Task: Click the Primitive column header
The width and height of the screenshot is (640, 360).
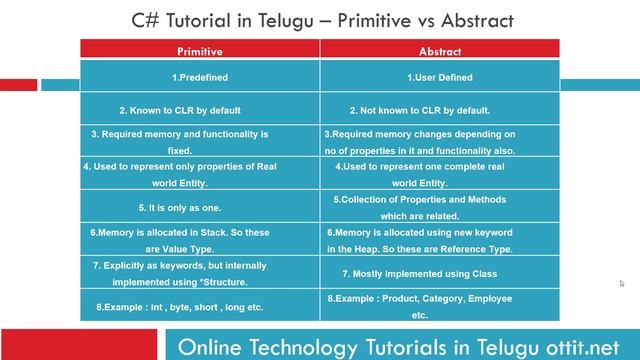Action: (199, 49)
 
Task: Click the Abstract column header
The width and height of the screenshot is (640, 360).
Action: (439, 49)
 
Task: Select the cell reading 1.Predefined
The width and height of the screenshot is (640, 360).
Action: (199, 77)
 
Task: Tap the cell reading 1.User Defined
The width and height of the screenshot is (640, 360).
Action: (439, 77)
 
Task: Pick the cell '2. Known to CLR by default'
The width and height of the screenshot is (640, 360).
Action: (199, 110)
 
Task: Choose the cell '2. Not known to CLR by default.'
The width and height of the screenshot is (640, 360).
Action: (439, 110)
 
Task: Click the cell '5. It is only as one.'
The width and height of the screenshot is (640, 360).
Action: (199, 207)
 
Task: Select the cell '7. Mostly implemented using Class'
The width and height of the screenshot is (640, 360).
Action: (439, 273)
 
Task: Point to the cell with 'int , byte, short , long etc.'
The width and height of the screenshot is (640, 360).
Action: (199, 305)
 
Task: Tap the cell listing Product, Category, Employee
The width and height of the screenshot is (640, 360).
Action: (439, 305)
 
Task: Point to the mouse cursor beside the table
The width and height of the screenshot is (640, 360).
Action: (621, 283)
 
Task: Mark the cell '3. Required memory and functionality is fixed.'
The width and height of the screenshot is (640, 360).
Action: (199, 141)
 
